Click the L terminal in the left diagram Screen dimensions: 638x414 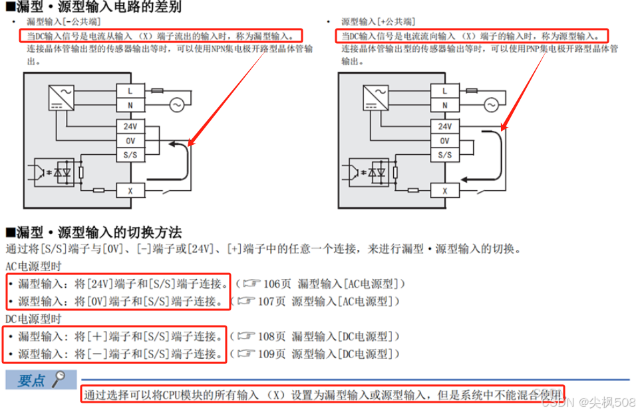pyautogui.click(x=130, y=90)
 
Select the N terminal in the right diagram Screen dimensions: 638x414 pyautogui.click(x=444, y=105)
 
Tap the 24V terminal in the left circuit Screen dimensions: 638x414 pyautogui.click(x=130, y=126)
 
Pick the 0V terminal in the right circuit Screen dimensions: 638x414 pyautogui.click(x=444, y=141)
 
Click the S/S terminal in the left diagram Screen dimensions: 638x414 pyautogui.click(x=130, y=154)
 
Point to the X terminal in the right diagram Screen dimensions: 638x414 pyautogui.click(x=444, y=190)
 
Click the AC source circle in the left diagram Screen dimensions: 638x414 pyautogui.click(x=176, y=104)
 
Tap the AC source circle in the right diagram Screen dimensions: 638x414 pyautogui.click(x=491, y=104)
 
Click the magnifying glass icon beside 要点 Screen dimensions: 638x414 pyautogui.click(x=60, y=379)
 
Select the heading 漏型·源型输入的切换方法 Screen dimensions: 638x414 pyautogui.click(x=93, y=233)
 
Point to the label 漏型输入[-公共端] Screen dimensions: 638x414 pyautogui.click(x=64, y=22)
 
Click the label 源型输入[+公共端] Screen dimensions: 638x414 pyautogui.click(x=379, y=22)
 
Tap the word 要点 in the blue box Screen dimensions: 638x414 pyautogui.click(x=31, y=380)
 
